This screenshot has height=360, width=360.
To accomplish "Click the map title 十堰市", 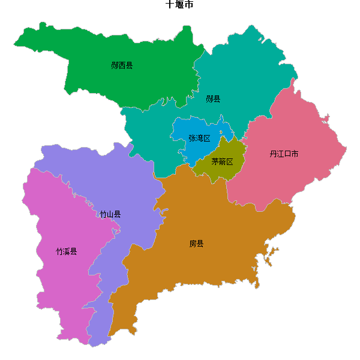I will click(179, 5).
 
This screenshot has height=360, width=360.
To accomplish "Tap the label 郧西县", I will click(122, 65).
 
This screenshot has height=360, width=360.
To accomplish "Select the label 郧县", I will click(213, 98).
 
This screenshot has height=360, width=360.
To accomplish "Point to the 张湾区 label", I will click(199, 138).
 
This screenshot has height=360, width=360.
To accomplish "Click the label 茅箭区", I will click(222, 161).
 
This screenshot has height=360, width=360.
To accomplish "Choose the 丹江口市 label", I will click(284, 154).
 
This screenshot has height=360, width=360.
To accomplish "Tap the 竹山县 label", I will click(110, 214).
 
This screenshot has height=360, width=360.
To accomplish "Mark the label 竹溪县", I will click(67, 251).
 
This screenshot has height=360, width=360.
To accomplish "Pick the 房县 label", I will click(197, 244).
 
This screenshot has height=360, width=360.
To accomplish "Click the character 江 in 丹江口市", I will click(280, 154).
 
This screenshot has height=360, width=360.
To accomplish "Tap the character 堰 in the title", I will click(179, 5).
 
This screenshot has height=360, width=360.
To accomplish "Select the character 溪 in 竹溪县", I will click(67, 251).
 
